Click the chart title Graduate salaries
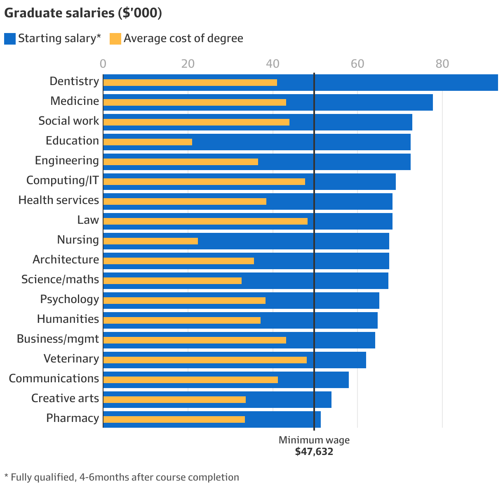pos(83,13)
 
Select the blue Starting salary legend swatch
pos(9,39)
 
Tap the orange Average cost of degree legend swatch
pos(115,39)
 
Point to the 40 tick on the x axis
pos(273,64)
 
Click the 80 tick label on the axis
pos(442,64)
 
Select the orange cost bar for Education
pos(148,142)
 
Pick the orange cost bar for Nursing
pos(150,241)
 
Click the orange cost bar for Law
pos(205,221)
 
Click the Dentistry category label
pos(74,81)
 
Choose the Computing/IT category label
pos(63,180)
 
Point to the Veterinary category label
pos(71,359)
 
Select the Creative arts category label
pos(65,398)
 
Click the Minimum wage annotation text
pos(314,440)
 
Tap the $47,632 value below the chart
pos(314,452)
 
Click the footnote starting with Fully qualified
pos(122,477)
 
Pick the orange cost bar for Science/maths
pos(172,281)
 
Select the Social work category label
pos(68,121)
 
